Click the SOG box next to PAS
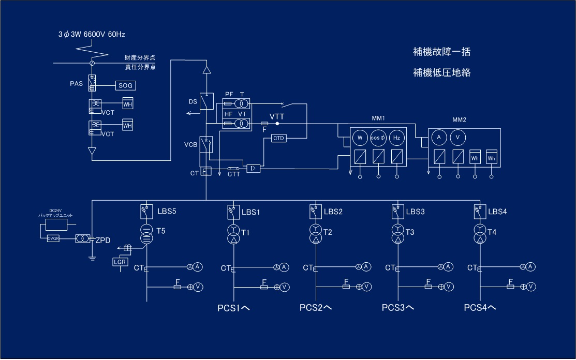(126, 85)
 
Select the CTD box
(279, 138)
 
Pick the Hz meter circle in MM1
(396, 138)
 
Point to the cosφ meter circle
(378, 138)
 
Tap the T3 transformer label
(410, 232)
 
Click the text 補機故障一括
(441, 52)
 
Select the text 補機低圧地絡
(441, 72)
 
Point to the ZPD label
(103, 240)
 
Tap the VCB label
(190, 145)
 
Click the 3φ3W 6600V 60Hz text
(92, 35)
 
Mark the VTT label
(277, 117)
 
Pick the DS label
(193, 102)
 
